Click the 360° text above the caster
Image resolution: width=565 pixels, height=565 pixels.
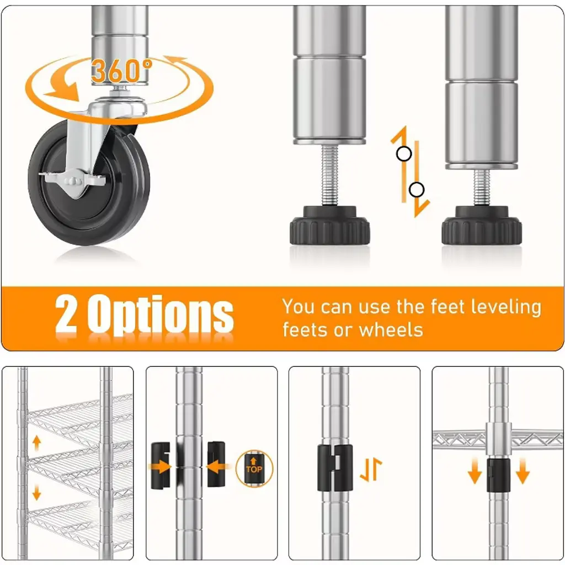pyautogui.click(x=121, y=71)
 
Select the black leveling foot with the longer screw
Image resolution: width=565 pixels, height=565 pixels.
pyautogui.click(x=330, y=226)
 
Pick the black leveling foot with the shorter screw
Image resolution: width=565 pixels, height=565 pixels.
pyautogui.click(x=482, y=226)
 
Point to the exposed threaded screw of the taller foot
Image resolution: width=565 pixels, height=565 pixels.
pyautogui.click(x=329, y=175)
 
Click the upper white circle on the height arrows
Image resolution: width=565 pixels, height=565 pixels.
pyautogui.click(x=404, y=154)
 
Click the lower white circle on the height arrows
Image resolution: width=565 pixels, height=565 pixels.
pyautogui.click(x=417, y=190)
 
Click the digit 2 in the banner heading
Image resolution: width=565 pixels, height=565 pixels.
pyautogui.click(x=66, y=314)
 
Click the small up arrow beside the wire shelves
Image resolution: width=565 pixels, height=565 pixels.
pyautogui.click(x=37, y=443)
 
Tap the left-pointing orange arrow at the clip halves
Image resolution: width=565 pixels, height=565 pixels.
pyautogui.click(x=218, y=467)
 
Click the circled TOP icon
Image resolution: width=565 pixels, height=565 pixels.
pyautogui.click(x=254, y=468)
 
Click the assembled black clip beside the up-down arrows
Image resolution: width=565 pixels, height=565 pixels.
pyautogui.click(x=335, y=468)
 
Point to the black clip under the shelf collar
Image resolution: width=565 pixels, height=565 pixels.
pyautogui.click(x=499, y=475)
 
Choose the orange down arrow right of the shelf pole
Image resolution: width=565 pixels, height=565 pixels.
pyautogui.click(x=523, y=471)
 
